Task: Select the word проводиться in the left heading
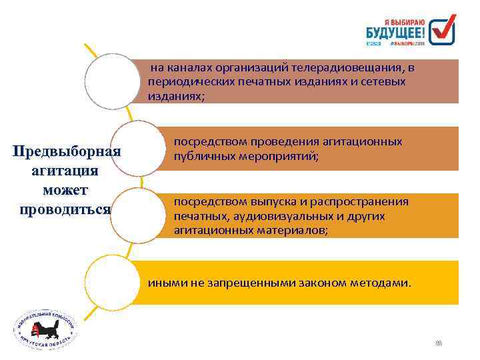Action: pyautogui.click(x=66, y=209)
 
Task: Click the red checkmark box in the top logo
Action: pyautogui.click(x=442, y=31)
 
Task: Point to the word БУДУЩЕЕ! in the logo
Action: pyautogui.click(x=395, y=31)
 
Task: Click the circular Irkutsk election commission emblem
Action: pyautogui.click(x=46, y=329)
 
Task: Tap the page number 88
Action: pyautogui.click(x=438, y=344)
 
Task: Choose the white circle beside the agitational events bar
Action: pyautogui.click(x=138, y=149)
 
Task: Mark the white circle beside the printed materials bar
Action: pyautogui.click(x=137, y=215)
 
